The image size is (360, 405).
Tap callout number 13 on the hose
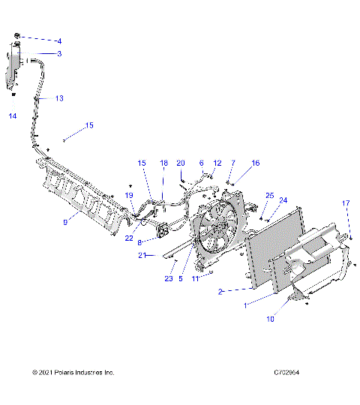pos(59,98)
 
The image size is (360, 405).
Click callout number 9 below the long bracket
pos(66,221)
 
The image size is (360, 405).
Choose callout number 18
pos(163,163)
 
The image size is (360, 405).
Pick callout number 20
pos(180,163)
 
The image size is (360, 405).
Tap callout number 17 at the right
pos(346,203)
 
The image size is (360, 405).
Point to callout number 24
pos(283,200)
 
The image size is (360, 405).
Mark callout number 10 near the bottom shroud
pos(270,319)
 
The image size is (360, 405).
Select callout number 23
pos(169,278)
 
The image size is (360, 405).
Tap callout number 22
pos(129,238)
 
